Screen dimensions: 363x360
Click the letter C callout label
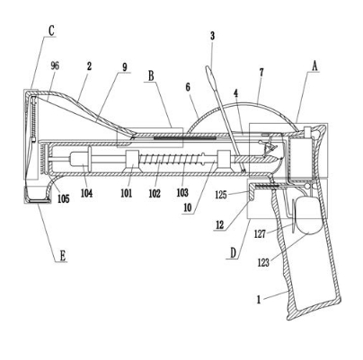coord(51,31)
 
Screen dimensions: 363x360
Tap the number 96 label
coord(55,66)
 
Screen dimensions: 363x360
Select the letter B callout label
coord(151,75)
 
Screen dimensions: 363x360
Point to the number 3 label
coord(212,36)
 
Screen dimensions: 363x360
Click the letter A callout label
coord(314,66)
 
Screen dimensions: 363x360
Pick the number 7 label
coord(261,73)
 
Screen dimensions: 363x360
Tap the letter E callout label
coord(62,256)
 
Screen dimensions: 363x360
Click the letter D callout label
coord(234,253)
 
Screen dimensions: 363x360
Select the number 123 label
coord(263,262)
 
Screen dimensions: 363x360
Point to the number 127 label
coord(260,233)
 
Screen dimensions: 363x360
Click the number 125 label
coord(221,195)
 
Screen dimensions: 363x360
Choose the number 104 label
coord(86,193)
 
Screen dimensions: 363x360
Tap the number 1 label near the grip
coord(259,300)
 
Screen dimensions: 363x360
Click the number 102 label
coord(155,193)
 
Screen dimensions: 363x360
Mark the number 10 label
coord(187,207)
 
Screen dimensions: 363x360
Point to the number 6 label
coord(188,87)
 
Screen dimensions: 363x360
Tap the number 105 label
coord(64,198)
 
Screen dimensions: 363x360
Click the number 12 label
coord(220,224)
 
